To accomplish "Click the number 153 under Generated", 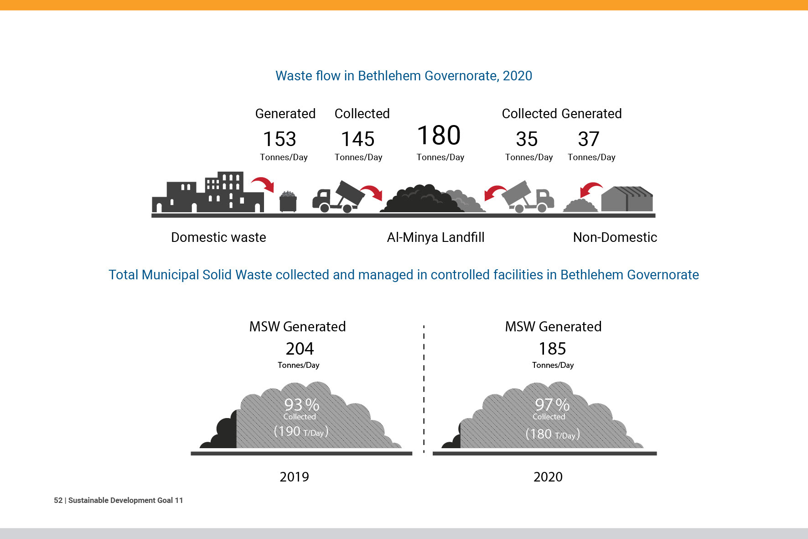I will coord(280,139).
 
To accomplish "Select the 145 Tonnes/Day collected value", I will coord(358,139).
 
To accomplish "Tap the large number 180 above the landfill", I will coord(439,136).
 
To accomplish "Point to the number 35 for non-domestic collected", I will coord(527,139).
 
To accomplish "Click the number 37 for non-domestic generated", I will coord(588,139).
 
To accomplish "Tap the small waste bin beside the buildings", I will coord(288,201).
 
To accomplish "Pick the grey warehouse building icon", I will coord(627,199).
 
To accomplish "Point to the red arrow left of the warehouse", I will coord(591,188).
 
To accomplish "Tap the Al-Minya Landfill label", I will coord(435,237).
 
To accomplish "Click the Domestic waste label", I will coord(218,237).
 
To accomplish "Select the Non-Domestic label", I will coord(615,237).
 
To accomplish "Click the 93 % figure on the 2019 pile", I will coord(301,404).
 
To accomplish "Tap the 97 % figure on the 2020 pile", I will coord(552,404).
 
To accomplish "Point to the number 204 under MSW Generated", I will coord(300,349).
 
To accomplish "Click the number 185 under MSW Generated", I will coord(552,349).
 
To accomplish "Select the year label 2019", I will coord(294,477).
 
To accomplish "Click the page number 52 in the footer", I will coord(58,500).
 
